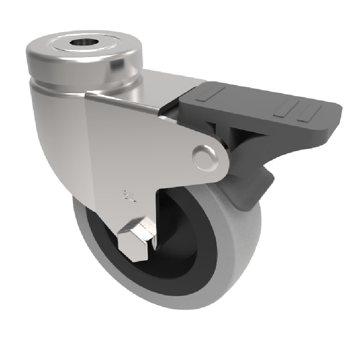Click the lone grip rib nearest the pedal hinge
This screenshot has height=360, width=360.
tap(210, 94)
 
